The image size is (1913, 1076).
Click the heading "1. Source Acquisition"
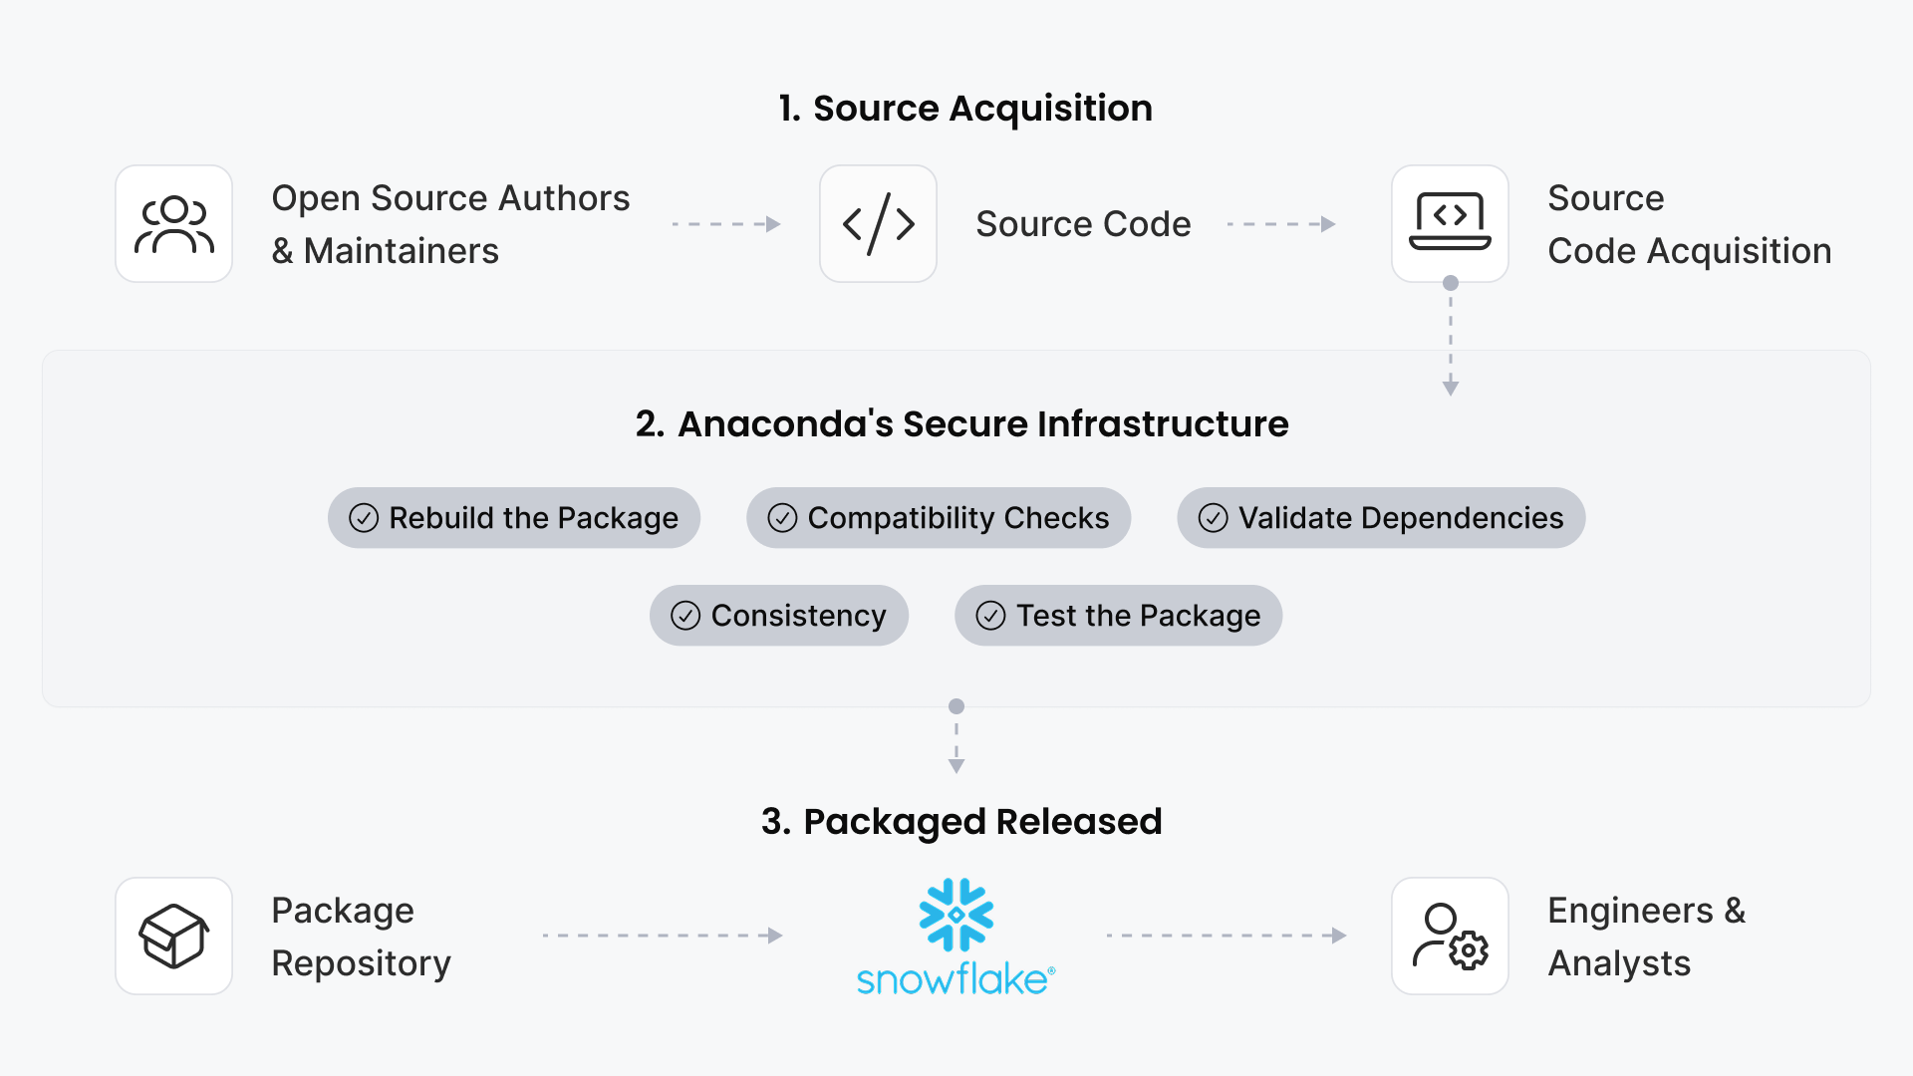(964, 108)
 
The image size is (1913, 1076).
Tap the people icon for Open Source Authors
(174, 224)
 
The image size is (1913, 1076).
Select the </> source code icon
(878, 224)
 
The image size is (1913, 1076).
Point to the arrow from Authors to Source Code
(726, 224)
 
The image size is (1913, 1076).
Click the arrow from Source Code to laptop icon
(1281, 224)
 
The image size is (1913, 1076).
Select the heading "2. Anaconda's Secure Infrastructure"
(961, 424)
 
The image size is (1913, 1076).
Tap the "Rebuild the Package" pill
(514, 518)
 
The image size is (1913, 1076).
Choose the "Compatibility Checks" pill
(939, 518)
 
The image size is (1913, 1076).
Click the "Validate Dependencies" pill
(1381, 518)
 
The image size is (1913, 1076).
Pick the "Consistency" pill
(779, 616)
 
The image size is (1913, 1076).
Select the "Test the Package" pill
(1118, 616)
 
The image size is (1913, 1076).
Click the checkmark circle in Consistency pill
(685, 616)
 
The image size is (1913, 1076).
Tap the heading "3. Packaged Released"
(961, 822)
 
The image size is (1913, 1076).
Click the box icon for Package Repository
(174, 937)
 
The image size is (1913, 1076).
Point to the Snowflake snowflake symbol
(956, 915)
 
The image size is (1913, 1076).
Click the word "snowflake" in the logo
(953, 979)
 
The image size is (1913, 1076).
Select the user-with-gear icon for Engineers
(1450, 937)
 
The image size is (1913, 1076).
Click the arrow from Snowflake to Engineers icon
(1227, 936)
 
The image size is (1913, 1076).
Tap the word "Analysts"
(1619, 963)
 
